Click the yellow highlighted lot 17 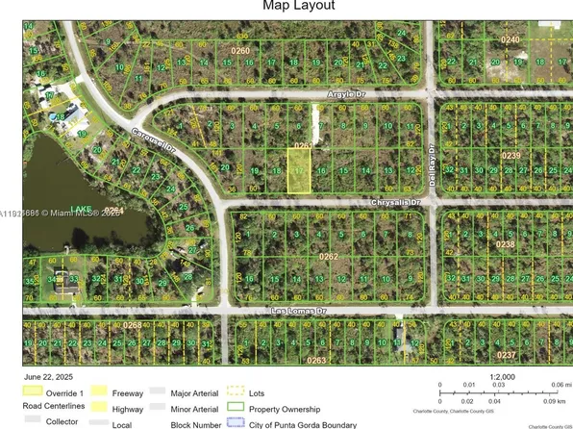[x=300, y=171]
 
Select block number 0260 [x=239, y=49]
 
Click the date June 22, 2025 [x=51, y=377]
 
